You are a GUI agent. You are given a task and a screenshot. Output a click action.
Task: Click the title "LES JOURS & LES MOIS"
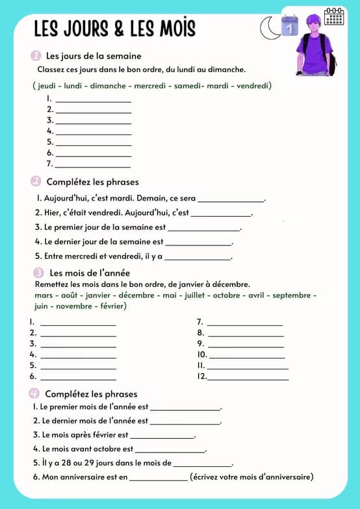pyautogui.click(x=114, y=29)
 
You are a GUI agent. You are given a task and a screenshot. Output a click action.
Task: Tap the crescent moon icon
pyautogui.click(x=268, y=28)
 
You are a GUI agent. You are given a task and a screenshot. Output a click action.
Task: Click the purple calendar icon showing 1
pyautogui.click(x=289, y=26)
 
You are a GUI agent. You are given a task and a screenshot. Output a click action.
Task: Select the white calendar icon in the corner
pyautogui.click(x=334, y=16)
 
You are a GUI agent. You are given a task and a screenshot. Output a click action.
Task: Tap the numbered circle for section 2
pyautogui.click(x=36, y=182)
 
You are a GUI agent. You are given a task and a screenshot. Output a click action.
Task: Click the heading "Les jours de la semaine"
pyautogui.click(x=94, y=56)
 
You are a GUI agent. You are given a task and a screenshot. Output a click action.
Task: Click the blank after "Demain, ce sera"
pyautogui.click(x=231, y=200)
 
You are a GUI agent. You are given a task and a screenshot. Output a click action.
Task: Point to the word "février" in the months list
pyautogui.click(x=111, y=306)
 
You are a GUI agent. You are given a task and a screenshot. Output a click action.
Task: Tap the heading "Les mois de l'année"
pyautogui.click(x=90, y=273)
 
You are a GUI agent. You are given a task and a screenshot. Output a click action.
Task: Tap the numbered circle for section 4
pyautogui.click(x=35, y=393)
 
